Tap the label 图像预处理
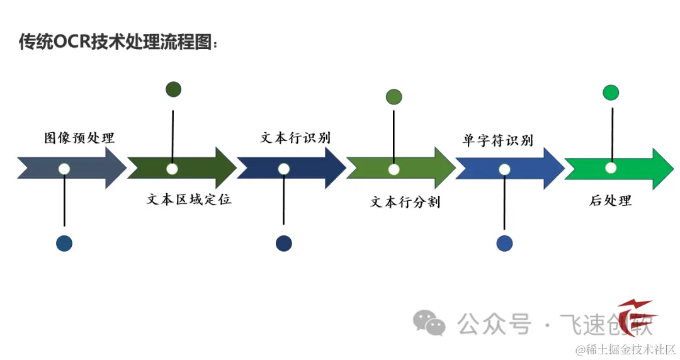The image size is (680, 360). point(79,138)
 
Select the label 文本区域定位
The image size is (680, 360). point(189,200)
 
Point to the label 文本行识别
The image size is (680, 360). point(295,138)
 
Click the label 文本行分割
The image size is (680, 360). point(405,202)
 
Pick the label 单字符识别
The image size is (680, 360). point(497,140)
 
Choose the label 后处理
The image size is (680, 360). point(610,201)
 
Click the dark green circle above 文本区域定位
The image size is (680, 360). point(173,89)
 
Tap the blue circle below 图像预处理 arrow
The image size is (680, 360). point(64,244)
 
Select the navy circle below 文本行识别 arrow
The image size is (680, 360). point(284,244)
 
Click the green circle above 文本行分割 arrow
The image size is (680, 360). point(394,97)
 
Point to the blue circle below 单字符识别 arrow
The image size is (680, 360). point(504,244)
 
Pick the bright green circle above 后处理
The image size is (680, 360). point(611,93)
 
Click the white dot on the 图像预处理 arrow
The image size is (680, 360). point(64,169)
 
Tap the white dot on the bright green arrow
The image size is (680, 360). point(611,168)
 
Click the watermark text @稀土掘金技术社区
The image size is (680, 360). point(623,349)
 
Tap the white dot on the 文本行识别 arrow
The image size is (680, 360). point(284,169)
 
